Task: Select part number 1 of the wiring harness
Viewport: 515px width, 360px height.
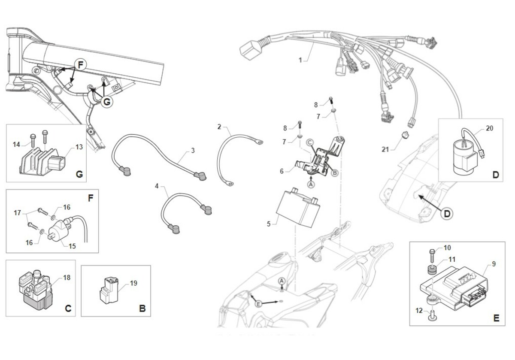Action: pyautogui.click(x=300, y=60)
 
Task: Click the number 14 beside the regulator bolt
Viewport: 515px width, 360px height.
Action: pyautogui.click(x=17, y=145)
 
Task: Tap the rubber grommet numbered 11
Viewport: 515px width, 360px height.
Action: pyautogui.click(x=432, y=270)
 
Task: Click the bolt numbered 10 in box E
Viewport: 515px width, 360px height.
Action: pyautogui.click(x=432, y=256)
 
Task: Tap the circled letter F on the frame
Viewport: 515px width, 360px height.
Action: pyautogui.click(x=80, y=65)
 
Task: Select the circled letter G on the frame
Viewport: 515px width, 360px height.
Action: pyautogui.click(x=107, y=101)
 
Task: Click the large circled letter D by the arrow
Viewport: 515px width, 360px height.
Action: pyautogui.click(x=447, y=214)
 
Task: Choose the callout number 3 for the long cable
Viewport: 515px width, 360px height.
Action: pyautogui.click(x=193, y=150)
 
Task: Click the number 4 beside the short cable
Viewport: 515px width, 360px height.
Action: pyautogui.click(x=157, y=186)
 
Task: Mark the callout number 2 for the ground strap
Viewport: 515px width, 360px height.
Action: pyautogui.click(x=219, y=127)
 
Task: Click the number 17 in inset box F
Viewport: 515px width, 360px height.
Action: pyautogui.click(x=18, y=213)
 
